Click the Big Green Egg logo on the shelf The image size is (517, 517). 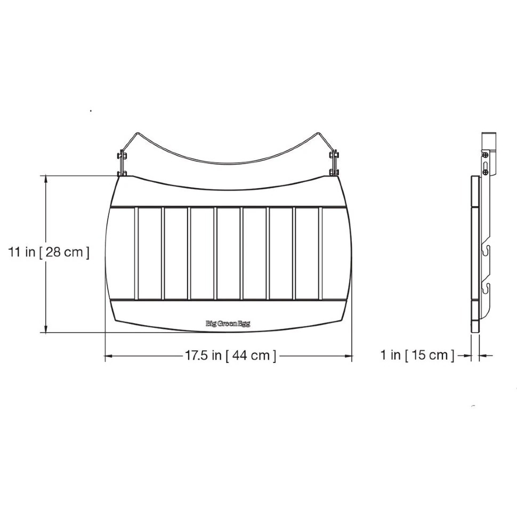pos(228,324)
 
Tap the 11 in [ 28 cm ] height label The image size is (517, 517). pos(49,253)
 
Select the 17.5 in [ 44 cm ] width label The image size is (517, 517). pos(230,356)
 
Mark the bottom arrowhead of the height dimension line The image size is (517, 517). pos(46,329)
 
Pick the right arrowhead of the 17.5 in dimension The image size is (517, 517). pos(348,356)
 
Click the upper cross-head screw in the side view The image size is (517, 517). pos(486,155)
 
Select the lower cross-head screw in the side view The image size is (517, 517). pos(486,172)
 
